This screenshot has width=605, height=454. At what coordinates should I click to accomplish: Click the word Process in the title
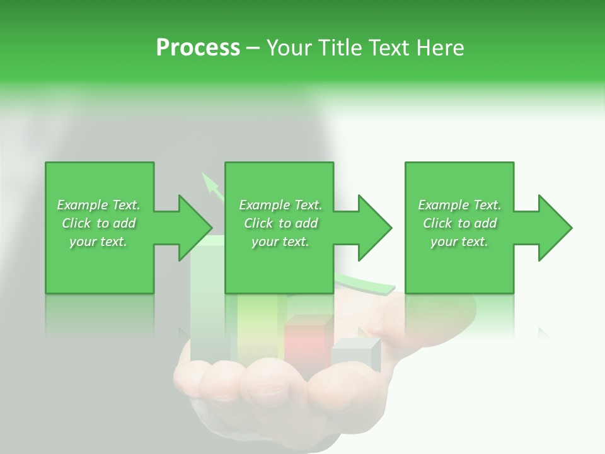click(198, 48)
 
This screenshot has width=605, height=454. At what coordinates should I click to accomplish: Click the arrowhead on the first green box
click(193, 228)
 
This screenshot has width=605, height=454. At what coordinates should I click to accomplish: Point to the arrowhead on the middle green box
click(372, 228)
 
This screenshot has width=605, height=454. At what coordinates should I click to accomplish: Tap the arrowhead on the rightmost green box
click(553, 228)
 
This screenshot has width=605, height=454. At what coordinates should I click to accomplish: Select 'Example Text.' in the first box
click(98, 205)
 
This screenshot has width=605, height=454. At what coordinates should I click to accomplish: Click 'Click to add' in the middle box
click(280, 223)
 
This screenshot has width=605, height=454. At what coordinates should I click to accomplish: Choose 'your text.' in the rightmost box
click(459, 242)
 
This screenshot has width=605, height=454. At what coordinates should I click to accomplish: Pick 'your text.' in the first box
click(98, 242)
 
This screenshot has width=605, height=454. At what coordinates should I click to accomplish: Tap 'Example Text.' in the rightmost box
click(459, 205)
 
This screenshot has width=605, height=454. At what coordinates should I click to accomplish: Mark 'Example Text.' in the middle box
click(280, 205)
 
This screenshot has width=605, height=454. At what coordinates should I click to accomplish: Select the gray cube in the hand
click(355, 353)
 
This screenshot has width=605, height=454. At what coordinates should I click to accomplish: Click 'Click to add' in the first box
click(98, 223)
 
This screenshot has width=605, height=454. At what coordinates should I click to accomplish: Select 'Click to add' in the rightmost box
click(459, 223)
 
